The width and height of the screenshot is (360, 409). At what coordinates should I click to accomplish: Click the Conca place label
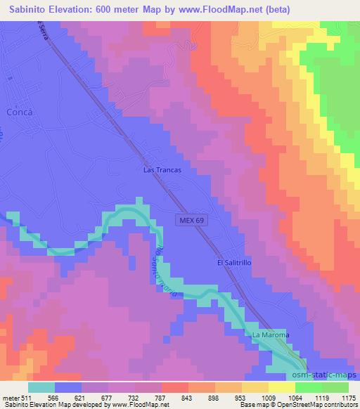(20, 112)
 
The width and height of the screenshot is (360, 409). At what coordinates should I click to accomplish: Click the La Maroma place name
(271, 335)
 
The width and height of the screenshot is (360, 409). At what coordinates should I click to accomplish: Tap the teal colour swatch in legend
(41, 388)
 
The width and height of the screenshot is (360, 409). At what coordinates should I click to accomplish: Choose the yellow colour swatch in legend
(281, 388)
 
